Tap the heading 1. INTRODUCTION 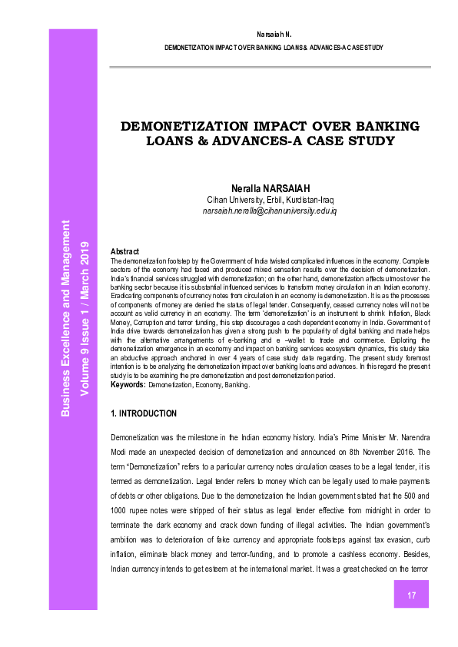[144, 413]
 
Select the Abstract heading [124, 251]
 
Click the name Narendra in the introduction [410, 436]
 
